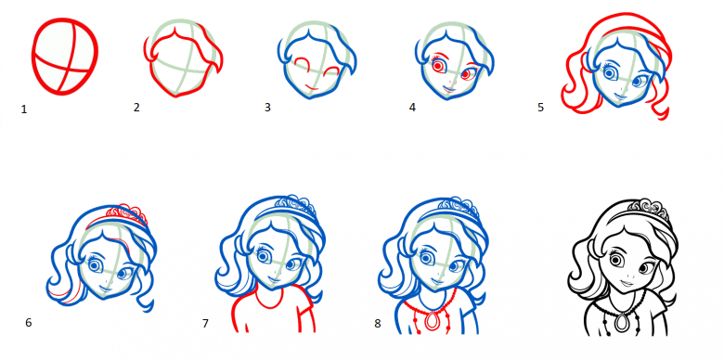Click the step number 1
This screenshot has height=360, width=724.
24,109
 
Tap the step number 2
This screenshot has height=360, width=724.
136,107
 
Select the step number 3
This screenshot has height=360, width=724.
267,108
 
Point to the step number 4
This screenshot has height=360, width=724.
412,108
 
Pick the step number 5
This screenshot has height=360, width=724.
541,108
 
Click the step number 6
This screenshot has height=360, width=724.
29,322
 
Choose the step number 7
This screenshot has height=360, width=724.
205,323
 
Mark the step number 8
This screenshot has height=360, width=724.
378,324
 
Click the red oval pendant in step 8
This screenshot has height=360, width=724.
433,321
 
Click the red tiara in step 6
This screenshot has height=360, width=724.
127,212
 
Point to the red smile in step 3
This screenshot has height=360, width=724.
311,86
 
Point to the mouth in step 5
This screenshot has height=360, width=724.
619,96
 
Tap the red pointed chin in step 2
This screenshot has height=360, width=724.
175,96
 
